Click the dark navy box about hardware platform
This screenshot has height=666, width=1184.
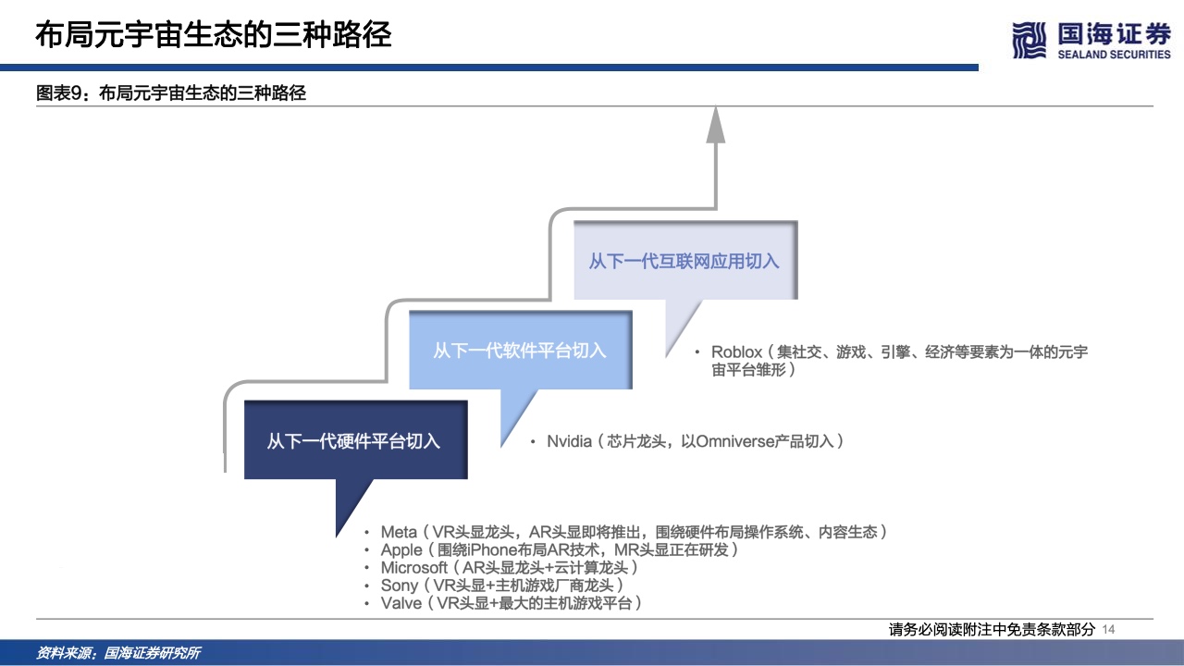[354, 440]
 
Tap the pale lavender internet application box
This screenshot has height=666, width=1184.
[684, 261]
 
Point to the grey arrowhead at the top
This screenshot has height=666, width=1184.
[716, 126]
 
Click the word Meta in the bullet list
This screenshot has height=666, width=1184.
[399, 532]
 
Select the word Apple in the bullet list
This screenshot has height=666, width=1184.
[401, 549]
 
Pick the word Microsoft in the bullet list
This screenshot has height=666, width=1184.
[414, 567]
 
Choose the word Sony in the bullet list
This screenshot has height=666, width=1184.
[400, 586]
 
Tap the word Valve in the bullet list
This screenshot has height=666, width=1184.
[401, 603]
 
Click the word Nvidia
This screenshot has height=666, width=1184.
[569, 441]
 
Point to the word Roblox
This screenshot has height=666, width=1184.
[736, 352]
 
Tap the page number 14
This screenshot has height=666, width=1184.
[1111, 629]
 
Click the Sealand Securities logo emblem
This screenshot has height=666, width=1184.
[1030, 41]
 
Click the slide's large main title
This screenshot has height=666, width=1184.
[214, 36]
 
